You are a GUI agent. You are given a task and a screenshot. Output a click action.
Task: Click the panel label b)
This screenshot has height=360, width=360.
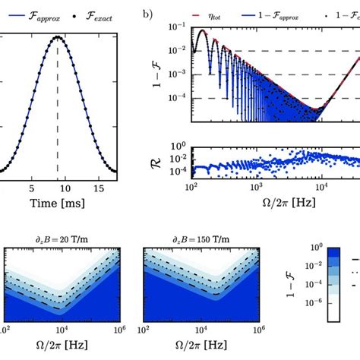click(147, 12)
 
